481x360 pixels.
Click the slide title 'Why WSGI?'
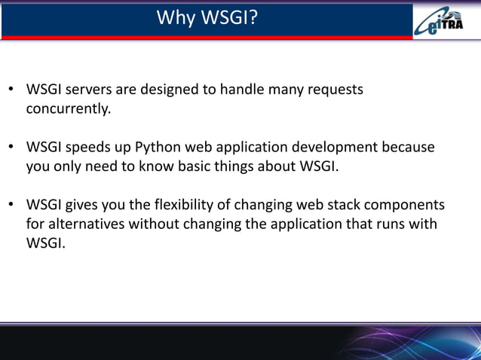click(207, 17)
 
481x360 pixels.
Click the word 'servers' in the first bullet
click(90, 90)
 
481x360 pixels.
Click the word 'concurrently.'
click(69, 109)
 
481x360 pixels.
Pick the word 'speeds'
click(92, 148)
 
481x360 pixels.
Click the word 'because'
click(408, 148)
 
